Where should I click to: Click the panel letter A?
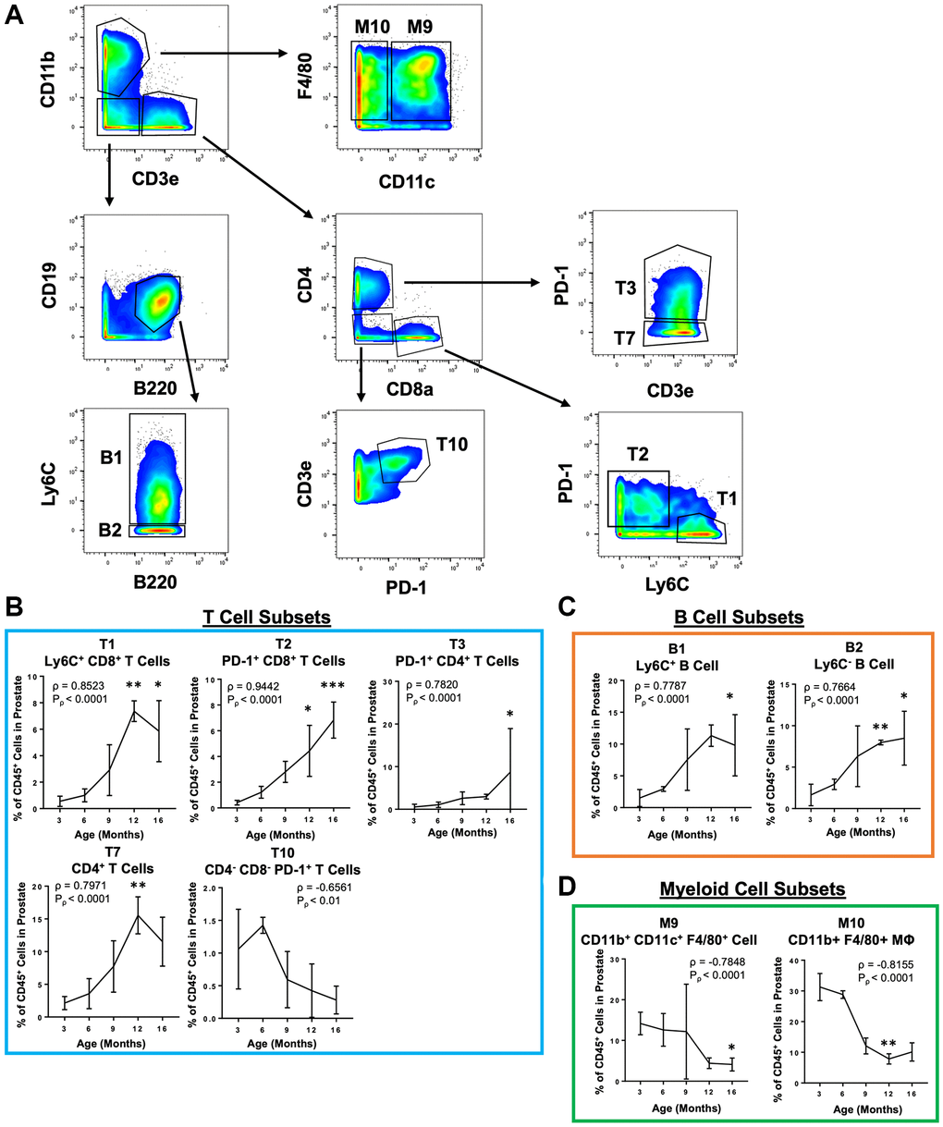(16, 18)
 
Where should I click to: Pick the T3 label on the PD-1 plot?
(627, 288)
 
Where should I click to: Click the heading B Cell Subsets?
(741, 617)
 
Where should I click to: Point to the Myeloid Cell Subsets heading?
(753, 888)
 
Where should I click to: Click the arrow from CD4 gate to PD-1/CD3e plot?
(471, 281)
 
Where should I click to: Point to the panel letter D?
(570, 888)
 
